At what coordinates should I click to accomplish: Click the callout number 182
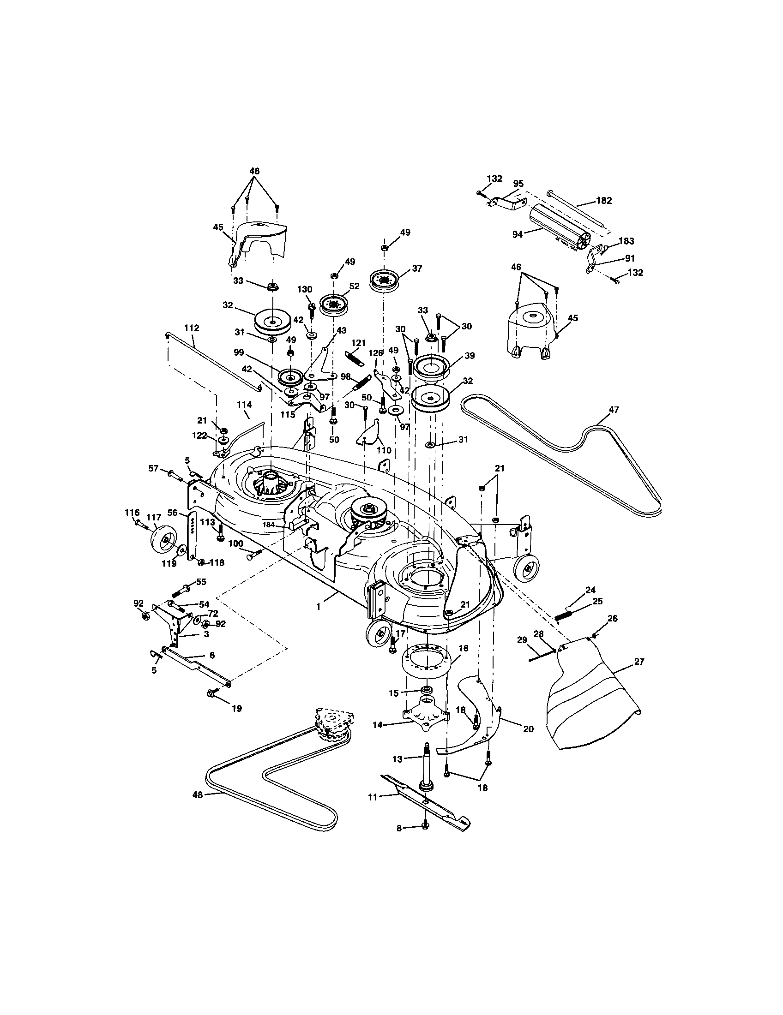[x=603, y=201]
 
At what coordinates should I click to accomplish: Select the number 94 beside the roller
[x=518, y=234]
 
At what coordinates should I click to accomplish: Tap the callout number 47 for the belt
[x=614, y=409]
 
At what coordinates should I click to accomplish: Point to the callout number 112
[x=191, y=328]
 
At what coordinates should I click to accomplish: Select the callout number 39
[x=469, y=356]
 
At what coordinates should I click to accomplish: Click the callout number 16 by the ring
[x=463, y=648]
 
